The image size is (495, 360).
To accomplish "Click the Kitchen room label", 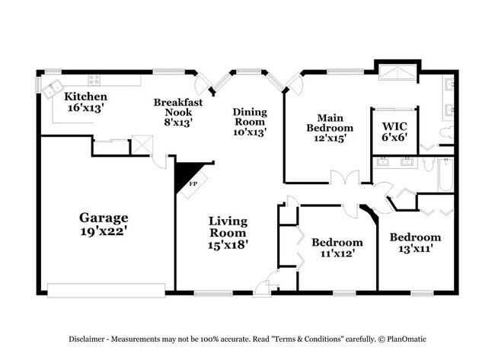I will click(85, 102).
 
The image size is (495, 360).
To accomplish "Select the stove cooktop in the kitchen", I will click(95, 79).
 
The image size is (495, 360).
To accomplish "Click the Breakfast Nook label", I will click(173, 111).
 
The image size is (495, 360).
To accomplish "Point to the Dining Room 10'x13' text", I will click(249, 121).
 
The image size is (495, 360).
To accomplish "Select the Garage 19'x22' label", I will click(105, 224).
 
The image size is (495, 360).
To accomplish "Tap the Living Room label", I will click(228, 232).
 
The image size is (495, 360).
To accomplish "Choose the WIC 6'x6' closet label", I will click(394, 131).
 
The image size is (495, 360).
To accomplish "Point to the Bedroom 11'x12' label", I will click(337, 247).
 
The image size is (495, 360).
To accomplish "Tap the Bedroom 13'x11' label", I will click(415, 243).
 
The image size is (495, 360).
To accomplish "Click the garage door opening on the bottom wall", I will click(106, 290).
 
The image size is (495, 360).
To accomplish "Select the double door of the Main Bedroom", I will click(345, 180).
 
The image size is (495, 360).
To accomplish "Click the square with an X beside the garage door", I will click(141, 145).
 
